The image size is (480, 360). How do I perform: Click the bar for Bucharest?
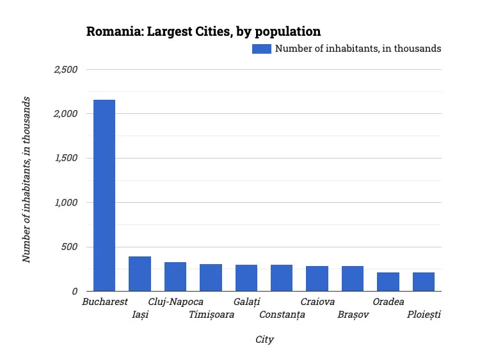pyautogui.click(x=104, y=195)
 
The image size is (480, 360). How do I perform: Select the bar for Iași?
pyautogui.click(x=140, y=274)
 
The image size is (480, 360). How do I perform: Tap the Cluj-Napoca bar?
pyautogui.click(x=175, y=276)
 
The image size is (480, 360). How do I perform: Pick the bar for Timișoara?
pyautogui.click(x=211, y=278)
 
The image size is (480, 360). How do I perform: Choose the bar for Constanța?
pyautogui.click(x=282, y=278)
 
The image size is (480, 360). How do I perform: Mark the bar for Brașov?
pyautogui.click(x=353, y=278)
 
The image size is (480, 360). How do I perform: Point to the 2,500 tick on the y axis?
pyautogui.click(x=65, y=69)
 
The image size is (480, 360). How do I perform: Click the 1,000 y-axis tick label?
pyautogui.click(x=65, y=203)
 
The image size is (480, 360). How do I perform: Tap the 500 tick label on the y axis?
pyautogui.click(x=69, y=247)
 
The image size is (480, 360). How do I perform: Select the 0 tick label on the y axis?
pyautogui.click(x=74, y=292)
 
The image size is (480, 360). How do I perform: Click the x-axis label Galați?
pyautogui.click(x=246, y=302)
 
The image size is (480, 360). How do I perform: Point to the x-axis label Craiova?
pyautogui.click(x=317, y=302)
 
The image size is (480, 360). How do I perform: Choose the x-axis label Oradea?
pyautogui.click(x=388, y=302)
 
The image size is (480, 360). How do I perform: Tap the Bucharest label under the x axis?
pyautogui.click(x=105, y=302)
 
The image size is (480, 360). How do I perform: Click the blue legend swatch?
pyautogui.click(x=261, y=49)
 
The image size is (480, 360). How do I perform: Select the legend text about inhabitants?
pyautogui.click(x=358, y=49)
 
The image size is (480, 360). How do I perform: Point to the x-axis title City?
pyautogui.click(x=264, y=340)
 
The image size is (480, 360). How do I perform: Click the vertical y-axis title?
pyautogui.click(x=27, y=179)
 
